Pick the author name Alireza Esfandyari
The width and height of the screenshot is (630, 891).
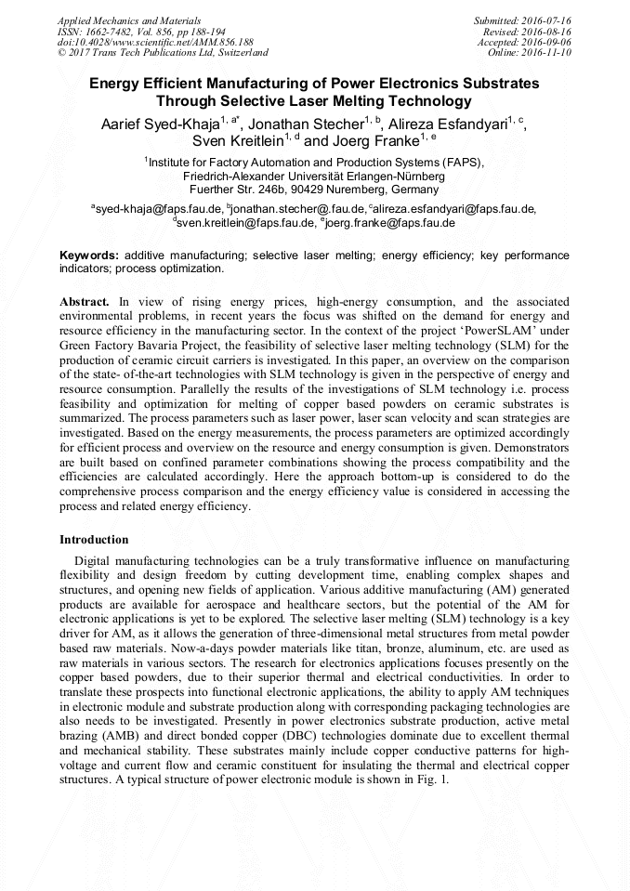tap(450, 125)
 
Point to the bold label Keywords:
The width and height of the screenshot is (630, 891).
tap(89, 255)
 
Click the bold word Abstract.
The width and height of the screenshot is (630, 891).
tap(85, 302)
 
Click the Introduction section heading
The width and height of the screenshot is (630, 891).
tap(94, 539)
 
